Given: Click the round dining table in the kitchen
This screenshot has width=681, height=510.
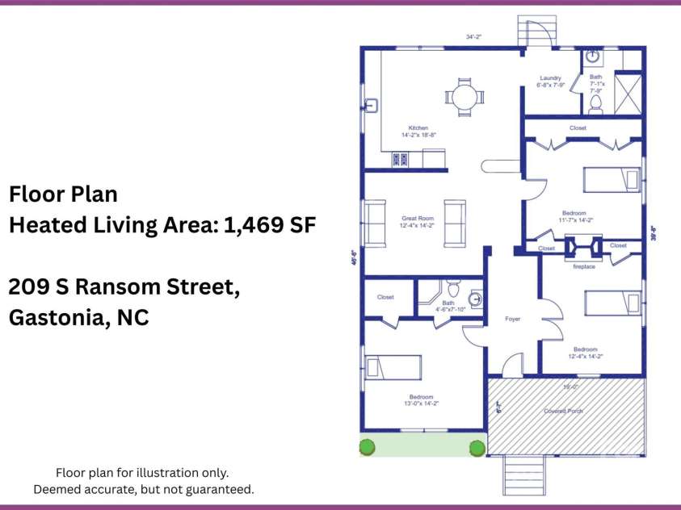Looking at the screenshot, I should [464, 98].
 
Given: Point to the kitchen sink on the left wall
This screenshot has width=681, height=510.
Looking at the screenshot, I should [372, 106].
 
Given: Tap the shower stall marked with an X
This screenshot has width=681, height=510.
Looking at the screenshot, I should [628, 93].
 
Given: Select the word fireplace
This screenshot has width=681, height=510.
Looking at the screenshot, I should [583, 266].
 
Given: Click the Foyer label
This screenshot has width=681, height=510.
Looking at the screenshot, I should [512, 319].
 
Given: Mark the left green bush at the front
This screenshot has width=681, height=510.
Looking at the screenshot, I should [368, 446].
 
